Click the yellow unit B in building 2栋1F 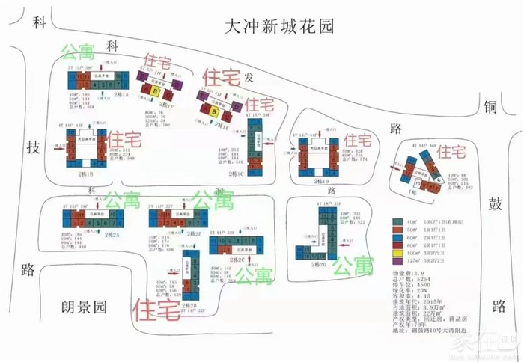click(155, 91)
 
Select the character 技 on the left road click(31, 147)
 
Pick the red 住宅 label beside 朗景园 click(156, 307)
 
